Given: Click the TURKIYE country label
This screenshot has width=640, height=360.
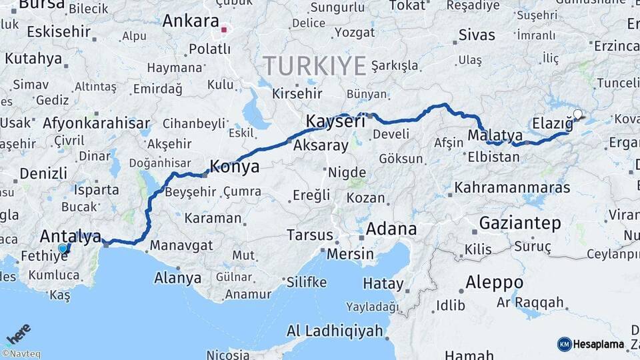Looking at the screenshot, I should (314, 66).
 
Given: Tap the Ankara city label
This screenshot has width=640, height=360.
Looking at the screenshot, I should (191, 21).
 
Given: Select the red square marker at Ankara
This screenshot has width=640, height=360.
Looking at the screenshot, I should (225, 29).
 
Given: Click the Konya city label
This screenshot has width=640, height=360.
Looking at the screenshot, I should (235, 167).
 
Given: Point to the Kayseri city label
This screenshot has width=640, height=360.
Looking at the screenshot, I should (335, 121).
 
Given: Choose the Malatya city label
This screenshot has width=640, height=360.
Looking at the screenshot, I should (495, 135).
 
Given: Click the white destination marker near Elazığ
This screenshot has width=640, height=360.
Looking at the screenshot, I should (577, 114).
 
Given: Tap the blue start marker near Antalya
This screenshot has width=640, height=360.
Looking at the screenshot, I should (63, 249).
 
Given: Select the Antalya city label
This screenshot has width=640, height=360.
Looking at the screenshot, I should (71, 236).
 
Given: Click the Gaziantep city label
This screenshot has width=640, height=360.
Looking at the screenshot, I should (520, 223).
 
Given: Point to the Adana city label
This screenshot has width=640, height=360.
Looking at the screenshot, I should (391, 229).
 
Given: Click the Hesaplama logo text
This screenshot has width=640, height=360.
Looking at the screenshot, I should (599, 345).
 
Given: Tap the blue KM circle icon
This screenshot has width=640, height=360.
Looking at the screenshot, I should (565, 345).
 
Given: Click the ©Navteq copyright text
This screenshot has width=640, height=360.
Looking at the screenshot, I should (21, 354).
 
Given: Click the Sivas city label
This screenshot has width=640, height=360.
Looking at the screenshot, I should (477, 35).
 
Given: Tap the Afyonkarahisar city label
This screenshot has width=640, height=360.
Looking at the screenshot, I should (95, 123).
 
